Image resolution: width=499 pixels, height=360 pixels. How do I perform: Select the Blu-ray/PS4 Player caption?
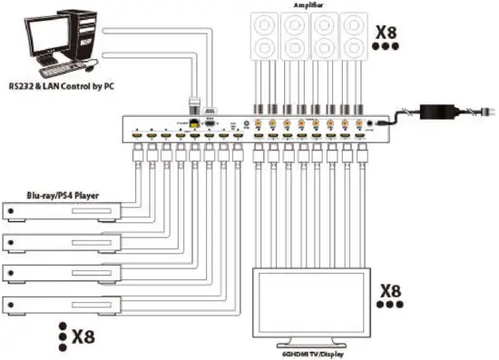point(62,193)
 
